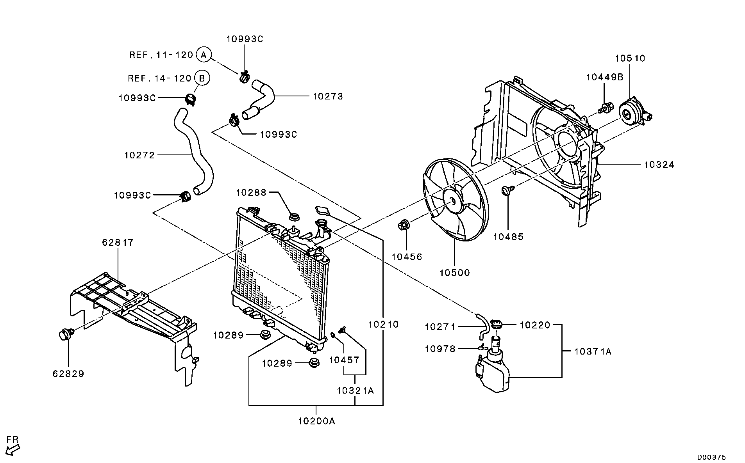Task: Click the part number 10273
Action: (x=327, y=96)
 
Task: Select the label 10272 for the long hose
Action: (x=139, y=155)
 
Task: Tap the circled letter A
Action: (x=203, y=55)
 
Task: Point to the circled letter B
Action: (x=202, y=78)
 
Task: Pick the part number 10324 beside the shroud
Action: (x=659, y=165)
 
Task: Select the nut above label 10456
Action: (x=404, y=225)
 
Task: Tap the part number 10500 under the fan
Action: (x=455, y=272)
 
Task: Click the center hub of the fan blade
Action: (x=452, y=200)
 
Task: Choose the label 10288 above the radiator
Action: (x=251, y=192)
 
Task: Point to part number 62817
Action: (x=118, y=242)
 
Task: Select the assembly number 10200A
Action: (x=316, y=421)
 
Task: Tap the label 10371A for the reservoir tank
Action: (x=593, y=351)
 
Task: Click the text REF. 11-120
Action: (x=161, y=55)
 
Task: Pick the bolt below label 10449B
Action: (x=605, y=107)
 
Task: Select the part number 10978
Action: (x=440, y=348)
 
